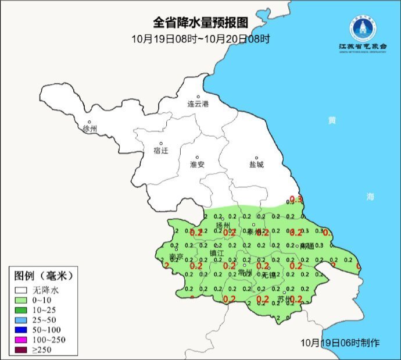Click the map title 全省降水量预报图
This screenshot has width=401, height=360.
(x=201, y=23)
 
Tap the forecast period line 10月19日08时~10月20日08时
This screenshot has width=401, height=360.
(x=201, y=39)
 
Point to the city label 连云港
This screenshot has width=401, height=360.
(x=198, y=104)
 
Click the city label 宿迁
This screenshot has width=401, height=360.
(x=161, y=151)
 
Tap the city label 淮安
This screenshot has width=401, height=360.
(x=198, y=165)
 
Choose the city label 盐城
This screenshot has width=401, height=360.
(x=256, y=165)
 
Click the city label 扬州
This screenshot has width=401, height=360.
(x=223, y=225)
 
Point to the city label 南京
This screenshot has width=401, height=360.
(x=176, y=257)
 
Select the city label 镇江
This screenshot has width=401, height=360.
(x=217, y=253)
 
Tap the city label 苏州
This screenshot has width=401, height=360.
(x=284, y=300)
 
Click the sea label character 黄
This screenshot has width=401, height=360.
(x=332, y=120)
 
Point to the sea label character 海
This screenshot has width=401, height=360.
(x=370, y=197)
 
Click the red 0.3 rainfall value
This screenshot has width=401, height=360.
(x=296, y=199)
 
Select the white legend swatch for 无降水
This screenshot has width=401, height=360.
(x=22, y=289)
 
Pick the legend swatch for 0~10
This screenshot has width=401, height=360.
(x=22, y=300)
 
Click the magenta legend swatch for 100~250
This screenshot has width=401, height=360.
(x=22, y=339)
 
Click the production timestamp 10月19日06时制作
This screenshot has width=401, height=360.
(x=341, y=343)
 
